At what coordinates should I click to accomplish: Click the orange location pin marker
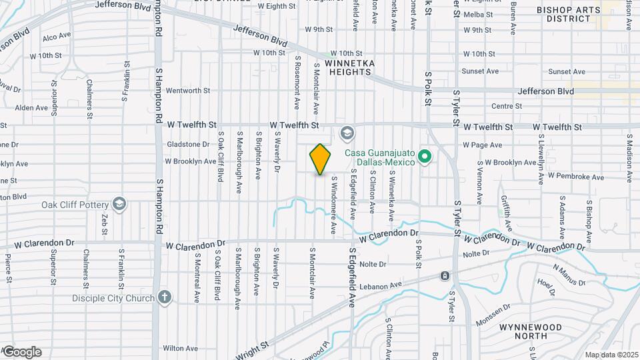coord(321,159)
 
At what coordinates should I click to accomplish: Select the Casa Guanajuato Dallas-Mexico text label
coord(379,157)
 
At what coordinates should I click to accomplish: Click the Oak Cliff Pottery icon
coord(119,203)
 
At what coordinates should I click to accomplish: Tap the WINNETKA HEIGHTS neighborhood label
coord(351,68)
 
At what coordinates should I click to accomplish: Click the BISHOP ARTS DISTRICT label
coord(568,14)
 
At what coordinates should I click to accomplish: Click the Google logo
coord(22,352)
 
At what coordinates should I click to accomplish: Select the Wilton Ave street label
coord(180,348)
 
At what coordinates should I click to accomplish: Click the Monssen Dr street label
coord(493,315)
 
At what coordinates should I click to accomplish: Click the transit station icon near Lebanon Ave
coord(445,276)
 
